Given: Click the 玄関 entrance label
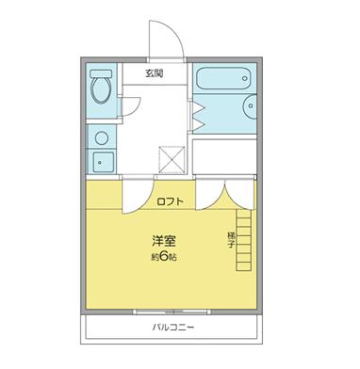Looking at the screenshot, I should tap(154, 72).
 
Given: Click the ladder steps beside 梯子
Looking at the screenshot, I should tap(245, 239).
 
